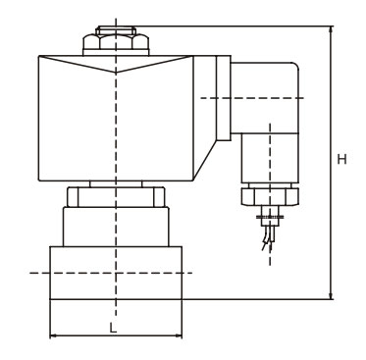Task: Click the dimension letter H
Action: (x=342, y=160)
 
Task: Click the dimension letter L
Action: (x=113, y=328)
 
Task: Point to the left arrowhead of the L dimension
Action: (x=54, y=335)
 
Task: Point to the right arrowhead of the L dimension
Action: (x=178, y=335)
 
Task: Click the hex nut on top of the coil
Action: (x=116, y=41)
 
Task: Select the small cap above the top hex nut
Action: (x=116, y=30)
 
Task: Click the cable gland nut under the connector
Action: (x=270, y=196)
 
